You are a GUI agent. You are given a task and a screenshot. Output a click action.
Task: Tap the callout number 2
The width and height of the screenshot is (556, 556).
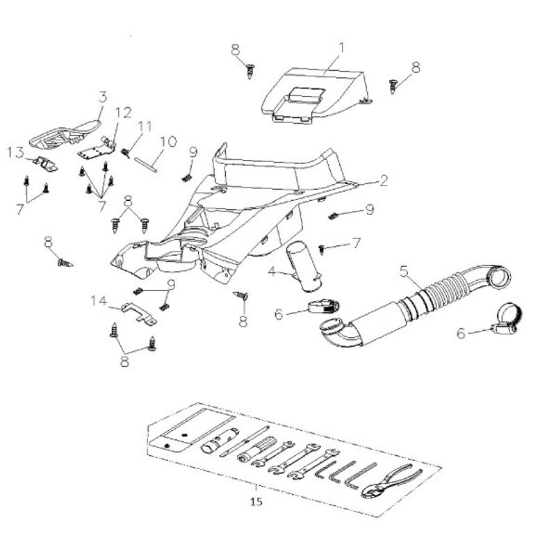pyautogui.click(x=383, y=181)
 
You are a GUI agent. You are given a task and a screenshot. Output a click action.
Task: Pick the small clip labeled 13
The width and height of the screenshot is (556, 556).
pyautogui.click(x=47, y=164)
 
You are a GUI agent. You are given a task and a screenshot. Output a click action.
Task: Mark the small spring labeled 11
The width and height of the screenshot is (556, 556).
pyautogui.click(x=126, y=152)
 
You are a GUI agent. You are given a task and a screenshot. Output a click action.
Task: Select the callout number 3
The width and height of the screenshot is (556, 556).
pyautogui.click(x=102, y=96)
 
